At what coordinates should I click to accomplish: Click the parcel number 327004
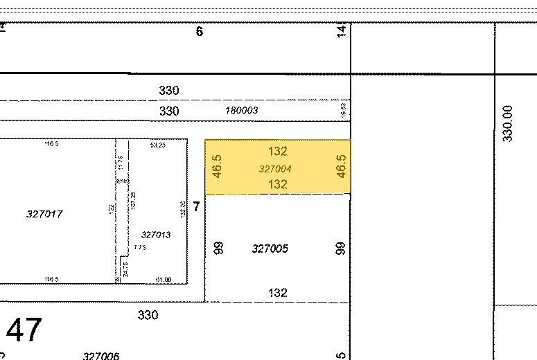coord(275,168)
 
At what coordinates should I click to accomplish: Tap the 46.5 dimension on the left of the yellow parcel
coord(217,166)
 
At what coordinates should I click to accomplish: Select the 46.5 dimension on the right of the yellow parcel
coord(341,166)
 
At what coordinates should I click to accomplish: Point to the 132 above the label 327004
coord(277,151)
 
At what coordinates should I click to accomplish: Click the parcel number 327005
coord(270,249)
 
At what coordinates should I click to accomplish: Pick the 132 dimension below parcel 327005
coord(277,293)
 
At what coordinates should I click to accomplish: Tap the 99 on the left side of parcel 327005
coord(219,248)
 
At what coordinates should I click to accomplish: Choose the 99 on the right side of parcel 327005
coord(340,248)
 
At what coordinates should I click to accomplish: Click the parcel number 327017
coord(44,214)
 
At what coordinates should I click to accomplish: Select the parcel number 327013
coord(155,235)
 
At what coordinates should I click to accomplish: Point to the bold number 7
coord(196,207)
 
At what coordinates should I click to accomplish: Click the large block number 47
coord(24,330)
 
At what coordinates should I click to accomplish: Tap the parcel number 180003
coord(241,110)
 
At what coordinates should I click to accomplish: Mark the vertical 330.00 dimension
coord(508,123)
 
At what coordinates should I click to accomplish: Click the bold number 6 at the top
coord(200,31)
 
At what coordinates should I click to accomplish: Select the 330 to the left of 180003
coord(169,111)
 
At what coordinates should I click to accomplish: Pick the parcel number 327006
coord(100,356)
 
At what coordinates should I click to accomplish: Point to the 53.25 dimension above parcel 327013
coord(157,145)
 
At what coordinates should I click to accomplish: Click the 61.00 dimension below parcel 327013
coord(164,279)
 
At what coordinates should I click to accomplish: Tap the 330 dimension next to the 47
coord(148,315)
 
